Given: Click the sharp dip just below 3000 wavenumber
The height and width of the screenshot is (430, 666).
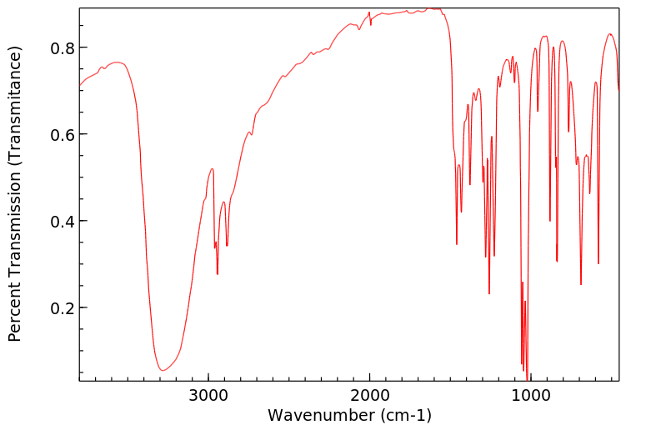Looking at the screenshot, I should coord(218,273).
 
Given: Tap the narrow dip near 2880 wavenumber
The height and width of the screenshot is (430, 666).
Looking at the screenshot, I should coord(227,245).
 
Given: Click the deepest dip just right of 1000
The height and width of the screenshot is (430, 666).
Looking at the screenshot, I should coord(528,379).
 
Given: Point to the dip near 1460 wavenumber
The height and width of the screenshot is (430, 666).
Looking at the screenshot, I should coord(457,243).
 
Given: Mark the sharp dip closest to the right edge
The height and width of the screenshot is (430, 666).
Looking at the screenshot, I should coord(598,263).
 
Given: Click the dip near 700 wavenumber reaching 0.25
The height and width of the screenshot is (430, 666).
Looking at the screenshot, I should coord(581,284).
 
